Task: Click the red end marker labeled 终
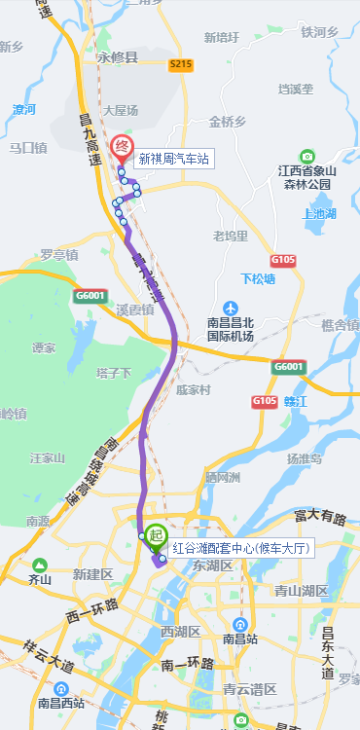tap(123, 149)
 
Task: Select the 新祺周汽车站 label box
tap(173, 158)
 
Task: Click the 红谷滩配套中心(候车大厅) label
tap(240, 548)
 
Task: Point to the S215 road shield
tap(181, 64)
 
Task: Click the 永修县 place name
tap(119, 56)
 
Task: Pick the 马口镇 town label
tap(27, 148)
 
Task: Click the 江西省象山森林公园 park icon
tap(307, 156)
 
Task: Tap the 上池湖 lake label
tap(319, 213)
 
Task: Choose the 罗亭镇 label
tap(59, 255)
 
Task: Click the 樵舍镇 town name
tap(340, 324)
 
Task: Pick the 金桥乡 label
tap(228, 122)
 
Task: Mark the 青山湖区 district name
tap(301, 590)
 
